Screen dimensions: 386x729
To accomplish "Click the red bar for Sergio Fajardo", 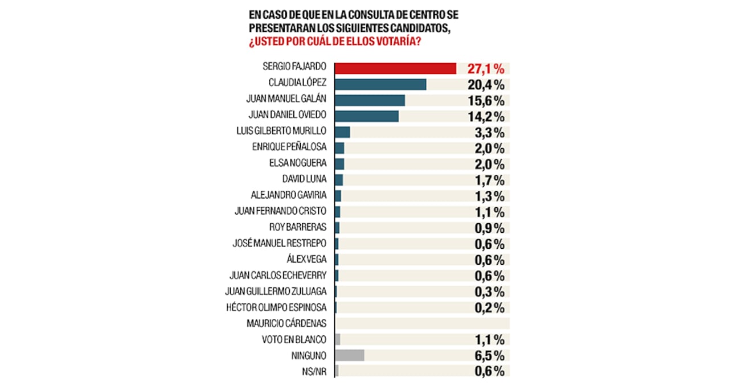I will pos(395,68).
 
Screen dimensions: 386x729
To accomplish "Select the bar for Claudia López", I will pos(380,84).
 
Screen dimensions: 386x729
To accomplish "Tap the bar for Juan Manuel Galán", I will pos(370,100).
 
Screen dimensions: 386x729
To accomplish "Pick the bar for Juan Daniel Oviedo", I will pos(366,116).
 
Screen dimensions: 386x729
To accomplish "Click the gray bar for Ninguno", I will pos(350,355).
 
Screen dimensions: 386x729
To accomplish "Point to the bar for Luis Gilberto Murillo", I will pos(342,132).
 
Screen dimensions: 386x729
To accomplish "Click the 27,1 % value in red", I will pos(486,69).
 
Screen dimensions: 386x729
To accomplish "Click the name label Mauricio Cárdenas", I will pos(286,324).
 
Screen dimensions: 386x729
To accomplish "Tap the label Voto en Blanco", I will pos(294,340).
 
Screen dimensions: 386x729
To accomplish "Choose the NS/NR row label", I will pos(314,371).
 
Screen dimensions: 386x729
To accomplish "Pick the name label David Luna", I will pos(304,180).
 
